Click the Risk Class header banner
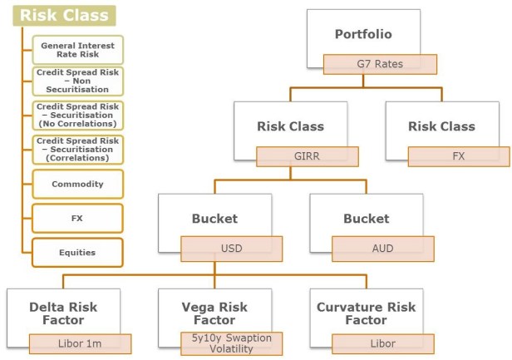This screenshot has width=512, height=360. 65,15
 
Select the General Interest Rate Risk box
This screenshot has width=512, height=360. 77,49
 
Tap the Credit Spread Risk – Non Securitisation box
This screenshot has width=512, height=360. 77,81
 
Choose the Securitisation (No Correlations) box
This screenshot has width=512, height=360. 77,115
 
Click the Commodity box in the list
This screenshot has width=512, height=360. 77,184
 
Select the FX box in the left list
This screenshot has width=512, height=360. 77,218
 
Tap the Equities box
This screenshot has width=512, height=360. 77,252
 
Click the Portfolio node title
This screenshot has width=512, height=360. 362,34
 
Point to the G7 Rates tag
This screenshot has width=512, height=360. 380,64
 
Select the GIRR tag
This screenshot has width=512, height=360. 307,157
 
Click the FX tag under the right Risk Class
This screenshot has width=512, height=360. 459,157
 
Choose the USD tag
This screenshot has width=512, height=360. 231,249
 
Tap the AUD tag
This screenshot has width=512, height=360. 383,249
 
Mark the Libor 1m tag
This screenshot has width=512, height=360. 81,343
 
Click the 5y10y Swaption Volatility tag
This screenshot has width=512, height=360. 231,343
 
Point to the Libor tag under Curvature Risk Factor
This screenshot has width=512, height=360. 383,343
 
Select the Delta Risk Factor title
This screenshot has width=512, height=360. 63,313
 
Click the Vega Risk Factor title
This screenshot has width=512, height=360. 214,313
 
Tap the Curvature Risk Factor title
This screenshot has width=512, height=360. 366,313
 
